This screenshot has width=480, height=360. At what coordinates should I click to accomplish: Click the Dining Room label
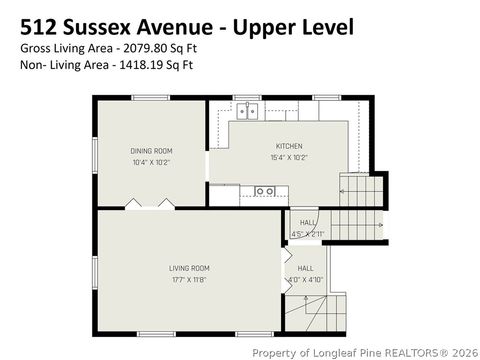[151, 151]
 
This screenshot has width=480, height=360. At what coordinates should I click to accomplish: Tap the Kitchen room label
[289, 146]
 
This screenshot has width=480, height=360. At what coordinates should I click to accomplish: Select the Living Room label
[188, 267]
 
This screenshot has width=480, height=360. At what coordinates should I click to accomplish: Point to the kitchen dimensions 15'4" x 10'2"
[289, 157]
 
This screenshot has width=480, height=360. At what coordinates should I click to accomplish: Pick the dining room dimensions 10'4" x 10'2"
[151, 162]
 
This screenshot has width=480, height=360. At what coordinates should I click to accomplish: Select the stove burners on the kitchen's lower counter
[264, 190]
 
